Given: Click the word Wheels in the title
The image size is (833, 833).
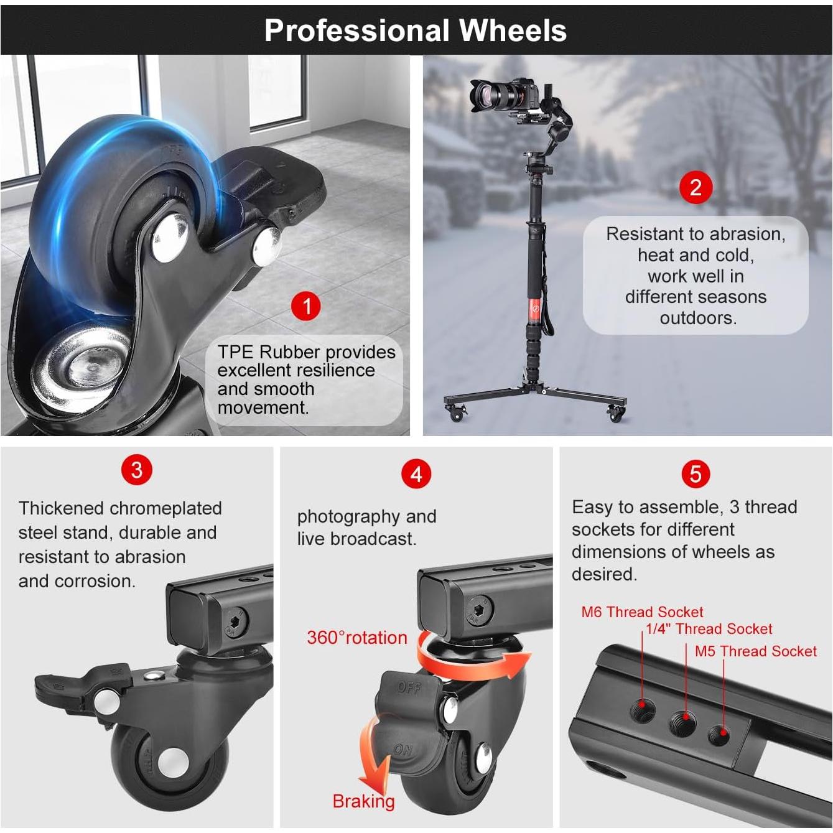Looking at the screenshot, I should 513,30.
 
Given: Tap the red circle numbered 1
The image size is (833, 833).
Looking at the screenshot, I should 306,306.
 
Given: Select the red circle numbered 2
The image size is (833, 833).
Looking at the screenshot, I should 696,187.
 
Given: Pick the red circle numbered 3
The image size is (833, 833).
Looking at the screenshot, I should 137,470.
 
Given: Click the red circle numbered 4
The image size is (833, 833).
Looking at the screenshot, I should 416,474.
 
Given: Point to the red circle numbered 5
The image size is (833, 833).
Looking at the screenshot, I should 696,474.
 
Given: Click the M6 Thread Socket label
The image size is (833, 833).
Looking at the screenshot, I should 642,612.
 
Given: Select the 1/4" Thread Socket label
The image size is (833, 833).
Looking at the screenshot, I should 709,629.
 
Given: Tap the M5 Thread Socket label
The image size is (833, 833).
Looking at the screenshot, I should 755,651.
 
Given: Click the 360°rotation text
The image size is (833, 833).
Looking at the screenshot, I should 357,638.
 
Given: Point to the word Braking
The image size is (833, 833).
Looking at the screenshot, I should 363,801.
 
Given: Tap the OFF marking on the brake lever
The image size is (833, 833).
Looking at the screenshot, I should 409,687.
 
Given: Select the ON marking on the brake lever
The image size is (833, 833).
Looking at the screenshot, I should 403,750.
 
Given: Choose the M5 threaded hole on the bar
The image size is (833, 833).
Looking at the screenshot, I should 719,735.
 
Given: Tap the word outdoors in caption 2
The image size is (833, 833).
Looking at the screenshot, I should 698,318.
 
